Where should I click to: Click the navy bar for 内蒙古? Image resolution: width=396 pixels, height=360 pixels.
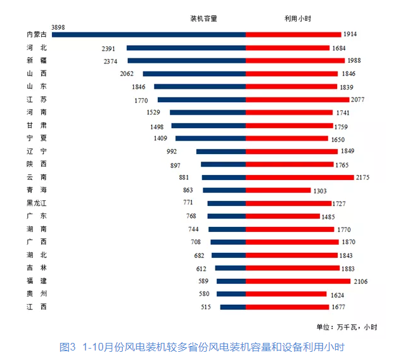pyautogui.click(x=149, y=34)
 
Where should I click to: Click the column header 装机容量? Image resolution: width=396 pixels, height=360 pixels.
pyautogui.click(x=203, y=18)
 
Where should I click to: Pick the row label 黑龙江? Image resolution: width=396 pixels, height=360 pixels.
pyautogui.click(x=36, y=203)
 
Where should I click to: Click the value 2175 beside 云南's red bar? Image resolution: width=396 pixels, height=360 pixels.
pyautogui.click(x=364, y=177)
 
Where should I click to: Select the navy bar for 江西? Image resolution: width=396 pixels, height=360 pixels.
pyautogui.click(x=233, y=307)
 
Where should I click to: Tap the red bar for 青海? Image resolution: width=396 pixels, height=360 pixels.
pyautogui.click(x=278, y=190)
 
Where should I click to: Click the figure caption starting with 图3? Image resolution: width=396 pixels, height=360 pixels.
pyautogui.click(x=201, y=347)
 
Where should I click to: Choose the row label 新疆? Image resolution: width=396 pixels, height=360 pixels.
pyautogui.click(x=36, y=60)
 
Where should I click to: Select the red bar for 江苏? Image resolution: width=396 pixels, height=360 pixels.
pyautogui.click(x=297, y=100)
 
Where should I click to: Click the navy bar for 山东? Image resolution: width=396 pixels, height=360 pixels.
pyautogui.click(x=200, y=86)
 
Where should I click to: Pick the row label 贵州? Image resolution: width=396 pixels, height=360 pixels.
pyautogui.click(x=36, y=293)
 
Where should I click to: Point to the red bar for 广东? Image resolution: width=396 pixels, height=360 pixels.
pyautogui.click(x=283, y=216)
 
